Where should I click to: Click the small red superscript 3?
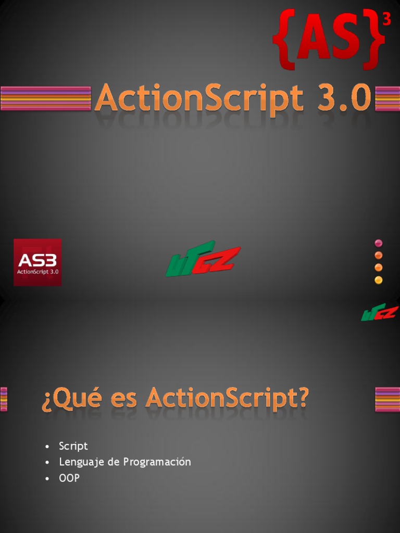click(387, 20)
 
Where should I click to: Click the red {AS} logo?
click(329, 39)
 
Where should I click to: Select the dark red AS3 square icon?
click(37, 262)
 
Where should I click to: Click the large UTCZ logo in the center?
click(203, 259)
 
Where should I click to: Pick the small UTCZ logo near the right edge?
click(380, 312)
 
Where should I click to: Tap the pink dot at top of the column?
click(378, 243)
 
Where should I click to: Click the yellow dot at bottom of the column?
click(378, 280)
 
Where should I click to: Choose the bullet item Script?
click(73, 446)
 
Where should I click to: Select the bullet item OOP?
click(69, 478)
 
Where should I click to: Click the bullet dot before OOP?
click(47, 478)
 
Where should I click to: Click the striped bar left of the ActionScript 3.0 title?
click(46, 98)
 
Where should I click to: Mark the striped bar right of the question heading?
click(387, 399)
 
